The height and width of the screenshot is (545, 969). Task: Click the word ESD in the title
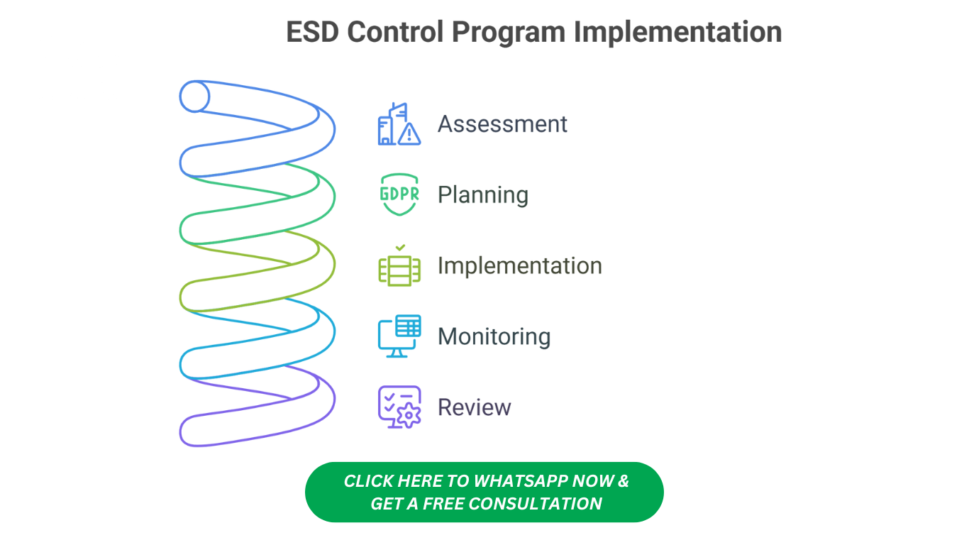(312, 32)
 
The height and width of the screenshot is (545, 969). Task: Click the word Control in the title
(395, 32)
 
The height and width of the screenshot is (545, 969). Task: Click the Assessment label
(502, 124)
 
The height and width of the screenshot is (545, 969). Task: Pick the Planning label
(483, 195)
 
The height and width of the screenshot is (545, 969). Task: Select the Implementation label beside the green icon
(520, 266)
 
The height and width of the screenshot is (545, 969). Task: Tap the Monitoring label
(494, 337)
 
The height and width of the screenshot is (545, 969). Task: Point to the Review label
(475, 407)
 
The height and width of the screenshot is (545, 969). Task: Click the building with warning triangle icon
(399, 123)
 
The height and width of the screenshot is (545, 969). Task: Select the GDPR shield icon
(399, 194)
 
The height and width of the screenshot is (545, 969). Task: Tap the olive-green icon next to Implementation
(399, 265)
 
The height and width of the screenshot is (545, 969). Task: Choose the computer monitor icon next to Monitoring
(399, 336)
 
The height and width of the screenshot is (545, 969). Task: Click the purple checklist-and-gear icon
(399, 407)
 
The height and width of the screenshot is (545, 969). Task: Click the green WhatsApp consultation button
(484, 492)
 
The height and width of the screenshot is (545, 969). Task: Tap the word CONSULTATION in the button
(535, 504)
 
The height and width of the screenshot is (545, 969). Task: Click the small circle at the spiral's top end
(194, 97)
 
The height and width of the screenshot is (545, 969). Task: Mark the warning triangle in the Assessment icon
(409, 134)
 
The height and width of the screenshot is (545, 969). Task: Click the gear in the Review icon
(409, 416)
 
